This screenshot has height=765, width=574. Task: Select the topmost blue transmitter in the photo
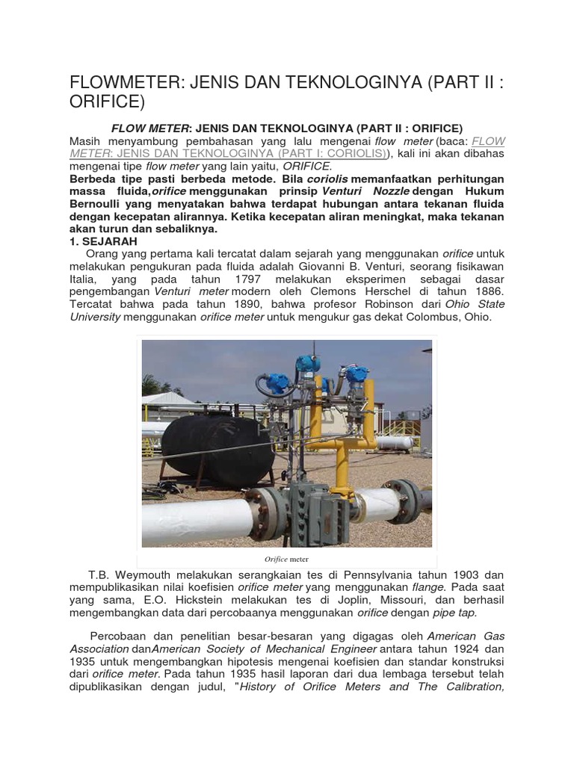coord(306,365)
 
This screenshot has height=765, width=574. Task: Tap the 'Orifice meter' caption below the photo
coord(286,559)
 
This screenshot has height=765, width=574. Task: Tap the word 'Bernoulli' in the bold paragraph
coord(102,204)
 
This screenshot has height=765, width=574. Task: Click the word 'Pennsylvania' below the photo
coord(361,574)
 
